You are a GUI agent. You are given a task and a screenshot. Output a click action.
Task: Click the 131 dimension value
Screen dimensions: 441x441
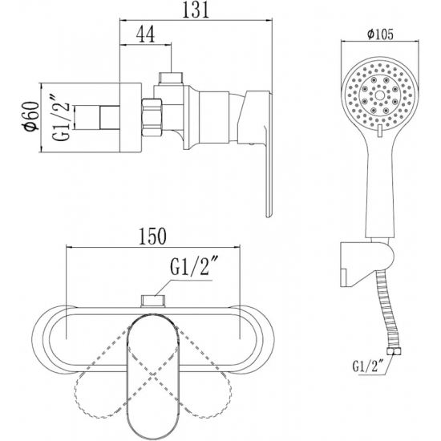[x=196, y=10]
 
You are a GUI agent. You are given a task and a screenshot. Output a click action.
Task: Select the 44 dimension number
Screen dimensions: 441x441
[x=145, y=34]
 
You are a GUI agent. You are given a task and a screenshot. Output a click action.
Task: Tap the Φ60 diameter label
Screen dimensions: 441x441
[x=31, y=116]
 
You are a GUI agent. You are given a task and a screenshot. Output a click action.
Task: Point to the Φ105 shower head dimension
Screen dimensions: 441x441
[x=380, y=34]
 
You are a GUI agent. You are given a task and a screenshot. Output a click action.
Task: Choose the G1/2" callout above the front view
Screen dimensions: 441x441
[x=191, y=267]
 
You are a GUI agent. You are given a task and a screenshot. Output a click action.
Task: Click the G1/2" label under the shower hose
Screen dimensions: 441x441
[x=368, y=367]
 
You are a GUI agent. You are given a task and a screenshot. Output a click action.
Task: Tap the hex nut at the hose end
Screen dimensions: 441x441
[x=394, y=351]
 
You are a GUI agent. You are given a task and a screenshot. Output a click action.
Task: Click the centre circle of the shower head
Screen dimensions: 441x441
[x=380, y=95]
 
